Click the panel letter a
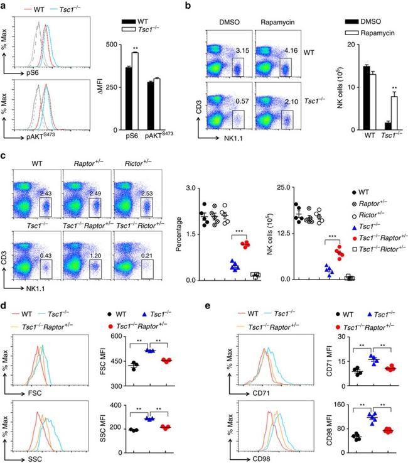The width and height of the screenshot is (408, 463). click(5, 6)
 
